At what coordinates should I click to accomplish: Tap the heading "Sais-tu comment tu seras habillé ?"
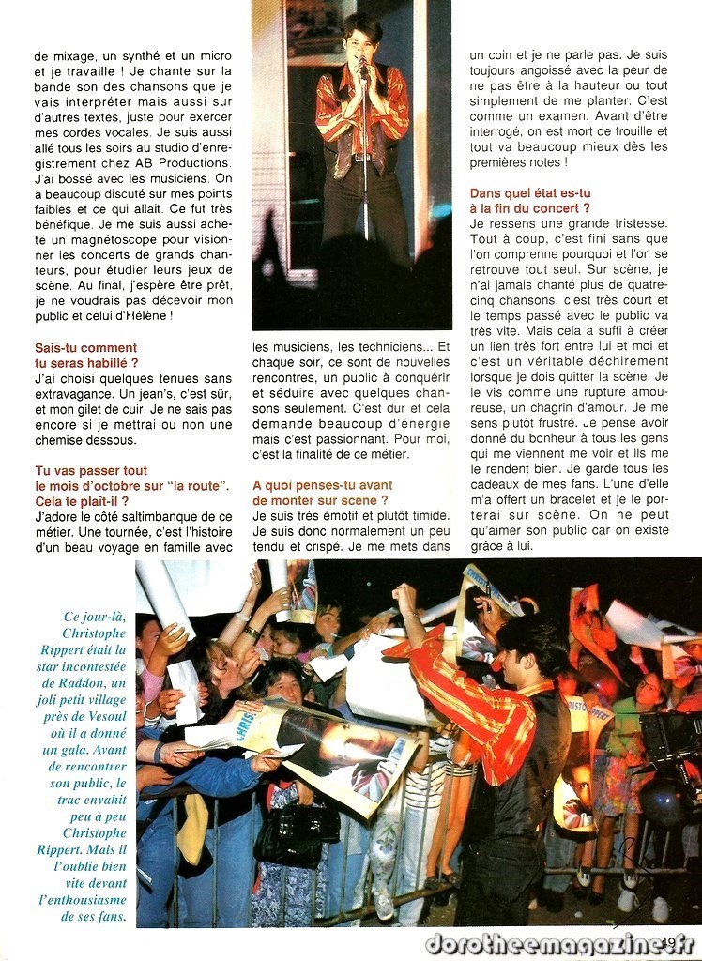point(86,355)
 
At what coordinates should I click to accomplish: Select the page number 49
point(668,942)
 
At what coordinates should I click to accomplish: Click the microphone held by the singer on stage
point(361,64)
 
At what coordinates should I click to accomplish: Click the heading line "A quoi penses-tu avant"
point(322,485)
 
